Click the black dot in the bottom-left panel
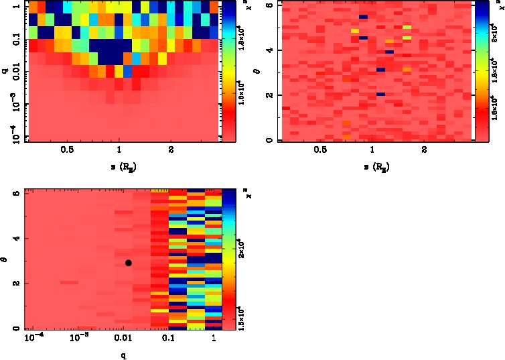click(x=128, y=263)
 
